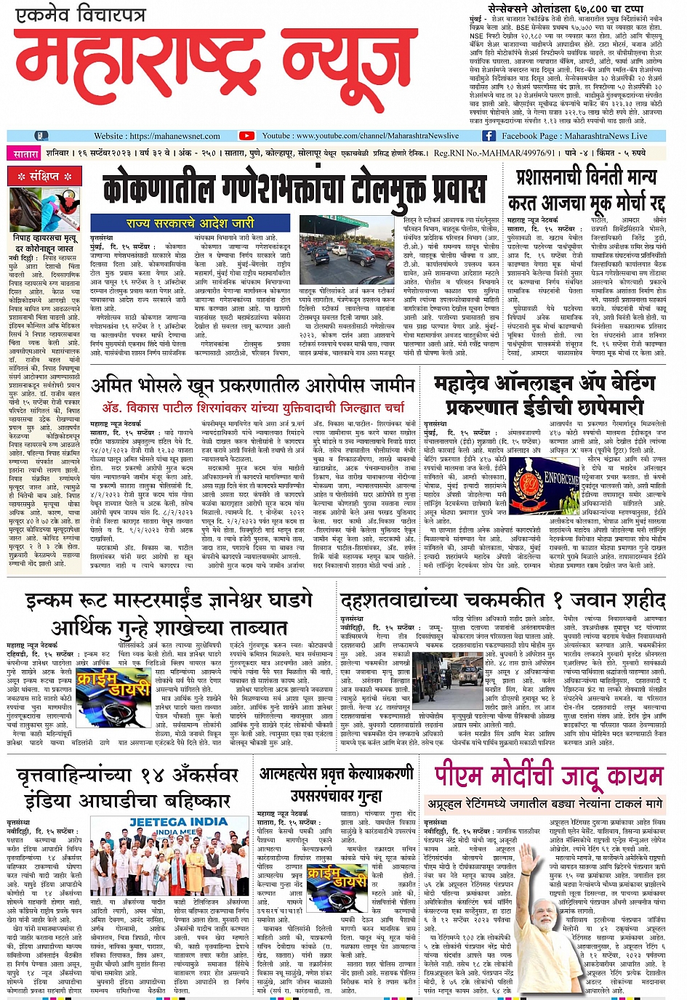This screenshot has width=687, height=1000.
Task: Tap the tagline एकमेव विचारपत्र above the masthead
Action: pyautogui.click(x=81, y=15)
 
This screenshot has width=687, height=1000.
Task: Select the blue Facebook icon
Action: pyautogui.click(x=489, y=136)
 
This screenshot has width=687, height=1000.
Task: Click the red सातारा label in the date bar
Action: pyautogui.click(x=25, y=154)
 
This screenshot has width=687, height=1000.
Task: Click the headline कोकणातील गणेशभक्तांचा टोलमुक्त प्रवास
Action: pyautogui.click(x=294, y=190)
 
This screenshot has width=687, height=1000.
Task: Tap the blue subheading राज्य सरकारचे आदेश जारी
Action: pyautogui.click(x=190, y=223)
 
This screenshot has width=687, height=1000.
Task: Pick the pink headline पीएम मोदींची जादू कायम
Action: pyautogui.click(x=549, y=777)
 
